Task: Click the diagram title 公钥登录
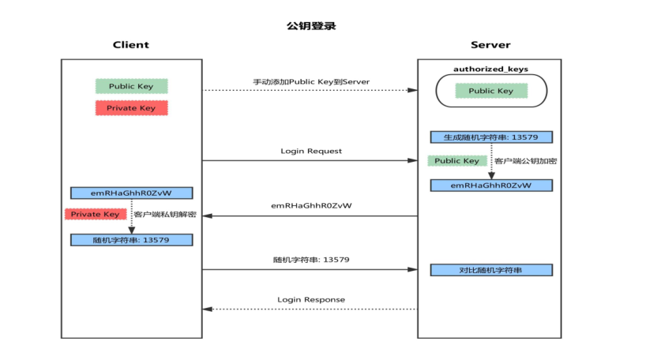(311, 26)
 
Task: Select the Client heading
(131, 45)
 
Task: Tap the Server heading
(490, 45)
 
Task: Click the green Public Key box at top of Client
(131, 86)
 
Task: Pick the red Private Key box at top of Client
(131, 108)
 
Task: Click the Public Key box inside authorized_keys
(490, 91)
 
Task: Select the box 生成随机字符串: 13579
(490, 137)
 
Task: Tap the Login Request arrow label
(311, 151)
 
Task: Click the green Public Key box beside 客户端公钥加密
(457, 161)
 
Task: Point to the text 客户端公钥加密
(524, 161)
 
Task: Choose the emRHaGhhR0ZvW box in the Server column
(490, 186)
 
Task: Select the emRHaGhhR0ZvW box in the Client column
(131, 193)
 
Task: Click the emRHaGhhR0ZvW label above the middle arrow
(311, 205)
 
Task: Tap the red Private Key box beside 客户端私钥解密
(95, 214)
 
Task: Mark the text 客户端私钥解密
(165, 214)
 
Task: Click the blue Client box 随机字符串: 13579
(131, 239)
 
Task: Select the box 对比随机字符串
(490, 270)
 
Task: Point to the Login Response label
(311, 299)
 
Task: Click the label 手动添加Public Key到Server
(311, 81)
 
